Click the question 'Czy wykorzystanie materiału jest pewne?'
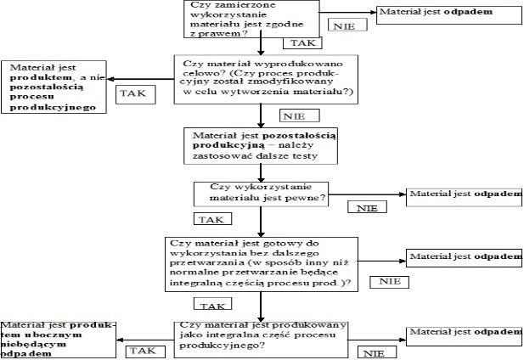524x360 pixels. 262,193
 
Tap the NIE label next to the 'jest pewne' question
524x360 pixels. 366,206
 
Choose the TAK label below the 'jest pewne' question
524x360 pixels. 209,218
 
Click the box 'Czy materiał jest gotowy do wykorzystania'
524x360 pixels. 262,262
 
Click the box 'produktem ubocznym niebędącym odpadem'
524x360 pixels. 57,339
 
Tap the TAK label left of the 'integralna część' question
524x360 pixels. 141,349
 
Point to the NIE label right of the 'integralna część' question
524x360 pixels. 375,352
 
